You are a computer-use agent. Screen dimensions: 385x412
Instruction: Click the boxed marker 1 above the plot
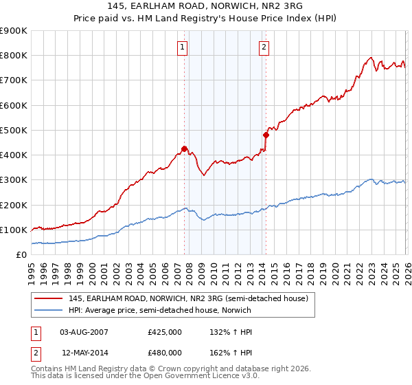pyautogui.click(x=183, y=47)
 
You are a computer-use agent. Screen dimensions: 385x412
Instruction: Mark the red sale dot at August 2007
pyautogui.click(x=184, y=148)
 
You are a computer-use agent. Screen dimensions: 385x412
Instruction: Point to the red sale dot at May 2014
pyautogui.click(x=266, y=135)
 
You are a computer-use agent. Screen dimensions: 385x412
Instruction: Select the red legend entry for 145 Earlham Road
pyautogui.click(x=192, y=298)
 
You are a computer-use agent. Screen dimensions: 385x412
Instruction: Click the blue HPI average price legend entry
pyautogui.click(x=159, y=310)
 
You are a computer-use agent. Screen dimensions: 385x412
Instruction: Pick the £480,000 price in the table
pyautogui.click(x=165, y=352)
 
